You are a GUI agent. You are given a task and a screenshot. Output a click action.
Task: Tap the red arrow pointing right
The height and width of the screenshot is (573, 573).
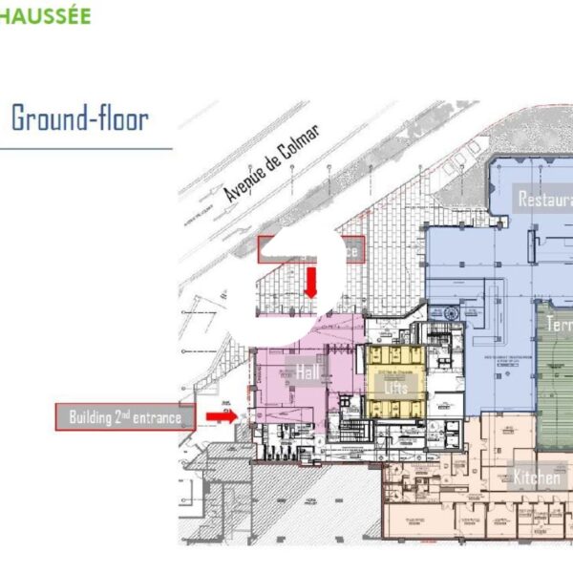pos(221,416)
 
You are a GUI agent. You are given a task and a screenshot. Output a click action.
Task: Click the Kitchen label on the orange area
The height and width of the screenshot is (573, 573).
pos(536,477)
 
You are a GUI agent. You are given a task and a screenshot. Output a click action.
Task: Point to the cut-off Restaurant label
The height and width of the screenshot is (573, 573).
pos(545,200)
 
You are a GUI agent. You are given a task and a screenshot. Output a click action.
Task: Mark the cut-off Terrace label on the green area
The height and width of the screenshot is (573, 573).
pos(559,325)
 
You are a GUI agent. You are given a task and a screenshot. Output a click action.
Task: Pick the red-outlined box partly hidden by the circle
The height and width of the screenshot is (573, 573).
pos(349,248)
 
